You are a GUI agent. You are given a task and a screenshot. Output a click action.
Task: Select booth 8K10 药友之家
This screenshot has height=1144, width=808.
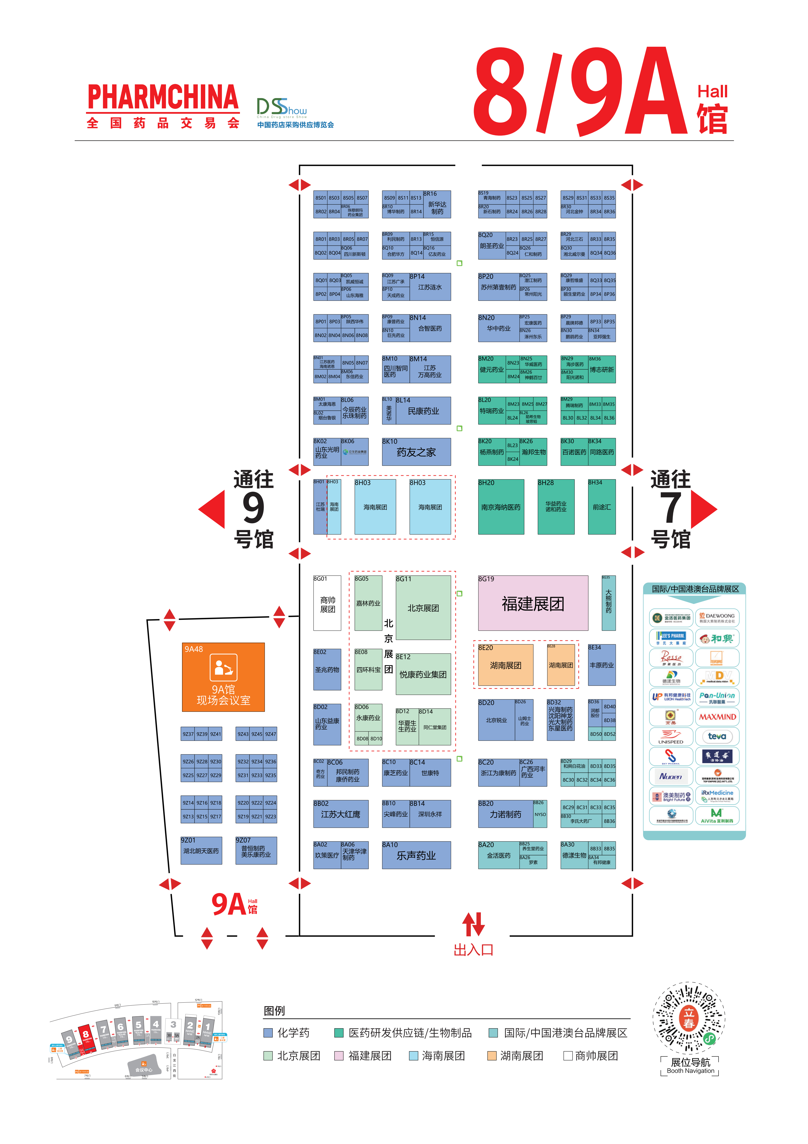416,452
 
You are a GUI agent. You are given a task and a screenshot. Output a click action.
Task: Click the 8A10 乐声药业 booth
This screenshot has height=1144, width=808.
416,855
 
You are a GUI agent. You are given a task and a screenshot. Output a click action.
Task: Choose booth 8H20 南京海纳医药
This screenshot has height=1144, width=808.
501,507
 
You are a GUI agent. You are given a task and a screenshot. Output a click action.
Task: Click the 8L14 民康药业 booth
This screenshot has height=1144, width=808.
423,411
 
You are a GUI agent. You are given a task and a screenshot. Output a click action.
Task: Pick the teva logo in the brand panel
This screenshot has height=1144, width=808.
717,736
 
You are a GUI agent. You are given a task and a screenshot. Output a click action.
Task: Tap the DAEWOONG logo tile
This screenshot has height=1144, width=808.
717,618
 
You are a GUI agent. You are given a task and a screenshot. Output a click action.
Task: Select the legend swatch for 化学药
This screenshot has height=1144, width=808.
268,1033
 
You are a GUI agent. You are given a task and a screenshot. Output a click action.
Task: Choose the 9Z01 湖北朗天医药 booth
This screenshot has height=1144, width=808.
201,850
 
